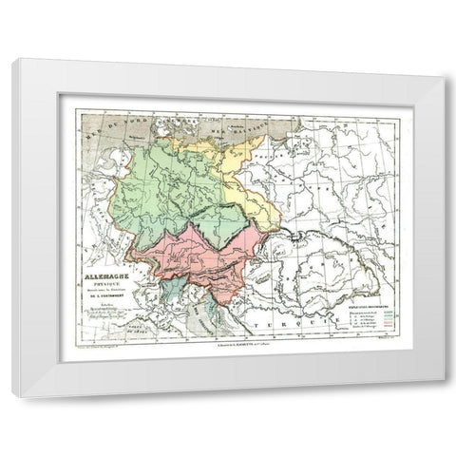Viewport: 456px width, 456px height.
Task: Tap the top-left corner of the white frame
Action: [12, 60]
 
